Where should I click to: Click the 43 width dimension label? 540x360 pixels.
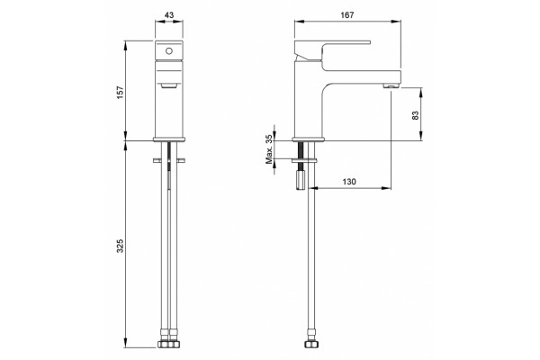click(x=169, y=15)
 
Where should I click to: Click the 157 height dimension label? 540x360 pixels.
click(x=120, y=93)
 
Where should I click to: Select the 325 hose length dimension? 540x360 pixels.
click(x=120, y=246)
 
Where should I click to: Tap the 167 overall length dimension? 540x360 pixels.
click(x=347, y=15)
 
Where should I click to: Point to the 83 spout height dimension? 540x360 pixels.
click(x=416, y=115)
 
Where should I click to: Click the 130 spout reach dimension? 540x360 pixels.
click(x=349, y=182)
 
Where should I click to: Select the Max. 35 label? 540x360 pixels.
click(x=269, y=149)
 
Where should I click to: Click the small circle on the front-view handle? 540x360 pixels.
click(x=169, y=51)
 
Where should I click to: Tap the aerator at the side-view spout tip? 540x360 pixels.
click(x=391, y=85)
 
